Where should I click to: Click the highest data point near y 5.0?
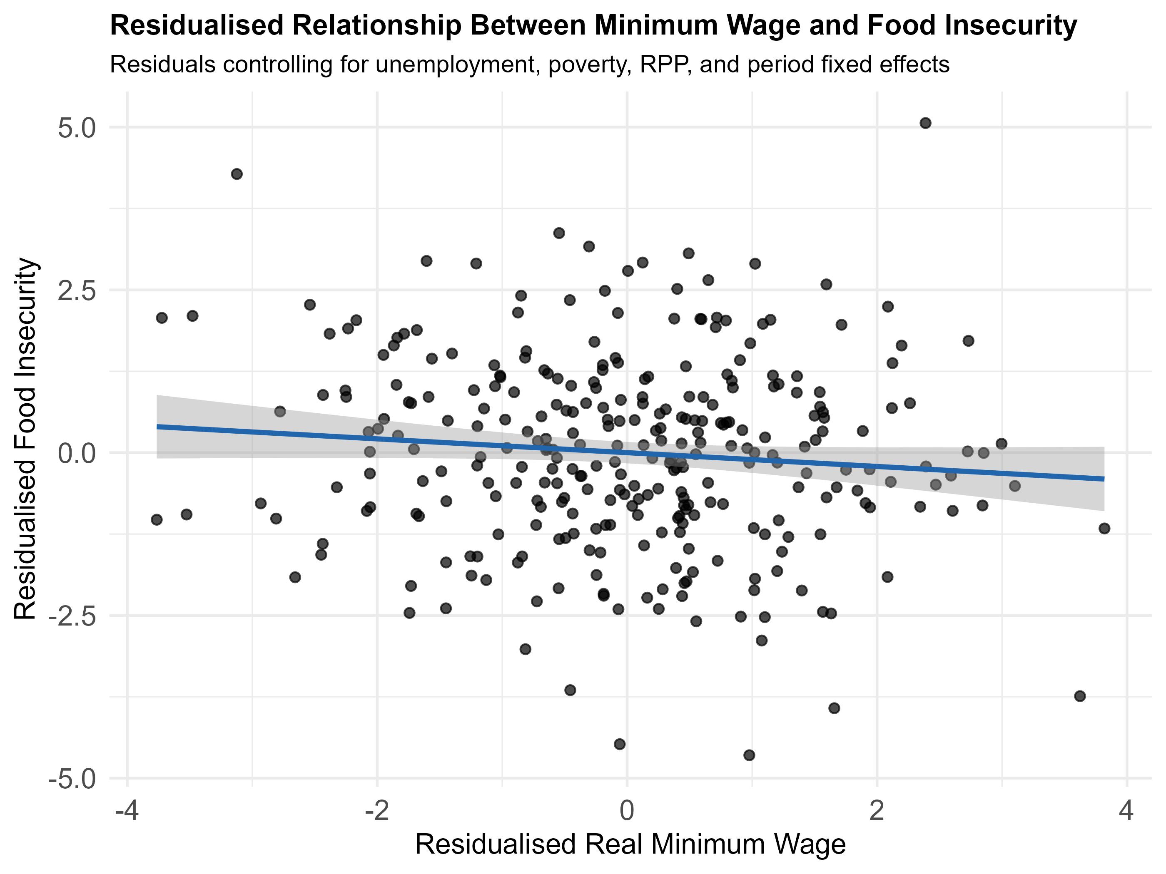[x=925, y=123]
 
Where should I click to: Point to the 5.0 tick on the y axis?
[x=77, y=129]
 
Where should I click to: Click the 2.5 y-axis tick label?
[x=77, y=291]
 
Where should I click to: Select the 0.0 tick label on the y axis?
[x=77, y=454]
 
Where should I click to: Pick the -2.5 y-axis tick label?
[x=73, y=616]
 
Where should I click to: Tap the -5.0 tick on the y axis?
[x=73, y=779]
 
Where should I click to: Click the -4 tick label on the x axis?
[x=127, y=811]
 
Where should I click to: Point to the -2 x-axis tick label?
[x=377, y=811]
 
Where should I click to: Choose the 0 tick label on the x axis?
[x=627, y=811]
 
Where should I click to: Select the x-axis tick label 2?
[x=877, y=811]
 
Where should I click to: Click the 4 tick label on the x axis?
[x=1126, y=811]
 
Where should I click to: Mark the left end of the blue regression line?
[x=157, y=426]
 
